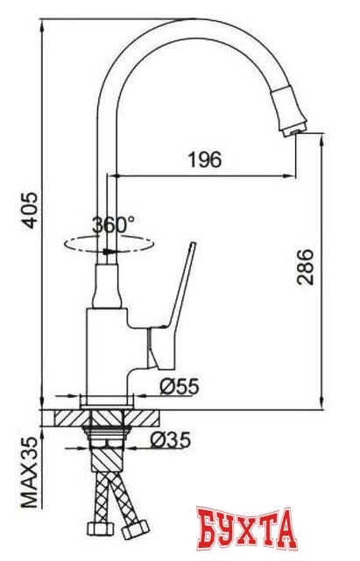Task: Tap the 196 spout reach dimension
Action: [x=204, y=160]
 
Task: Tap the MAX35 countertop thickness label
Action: [x=30, y=473]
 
